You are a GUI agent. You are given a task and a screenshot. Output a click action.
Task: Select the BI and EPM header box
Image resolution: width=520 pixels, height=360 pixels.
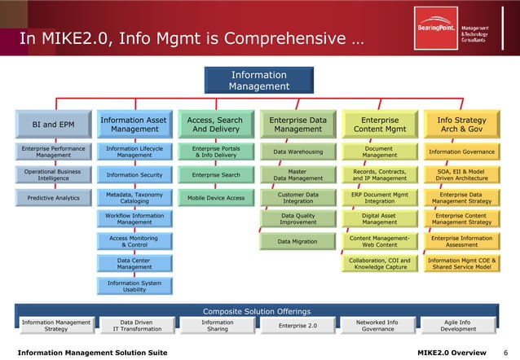pyautogui.click(x=54, y=125)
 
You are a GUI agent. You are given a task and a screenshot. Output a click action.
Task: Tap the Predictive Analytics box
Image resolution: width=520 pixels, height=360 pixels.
pyautogui.click(x=54, y=197)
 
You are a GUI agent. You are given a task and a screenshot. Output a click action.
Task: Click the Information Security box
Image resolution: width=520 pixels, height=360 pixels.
pyautogui.click(x=134, y=174)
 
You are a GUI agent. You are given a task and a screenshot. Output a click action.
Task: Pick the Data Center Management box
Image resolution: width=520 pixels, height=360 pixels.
pyautogui.click(x=134, y=263)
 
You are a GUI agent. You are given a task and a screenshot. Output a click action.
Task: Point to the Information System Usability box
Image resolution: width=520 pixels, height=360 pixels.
pyautogui.click(x=134, y=286)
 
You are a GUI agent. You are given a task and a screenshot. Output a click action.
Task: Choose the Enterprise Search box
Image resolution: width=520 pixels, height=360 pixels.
pyautogui.click(x=216, y=174)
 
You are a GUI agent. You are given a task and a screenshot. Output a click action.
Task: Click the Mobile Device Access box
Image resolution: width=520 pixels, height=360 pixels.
pyautogui.click(x=216, y=197)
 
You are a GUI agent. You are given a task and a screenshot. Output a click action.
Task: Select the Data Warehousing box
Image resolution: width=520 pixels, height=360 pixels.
pyautogui.click(x=297, y=151)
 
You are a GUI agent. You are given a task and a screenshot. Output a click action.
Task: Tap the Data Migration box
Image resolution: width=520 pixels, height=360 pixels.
pyautogui.click(x=297, y=241)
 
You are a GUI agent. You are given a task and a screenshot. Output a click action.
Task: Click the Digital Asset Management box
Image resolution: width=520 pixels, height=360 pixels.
pyautogui.click(x=379, y=218)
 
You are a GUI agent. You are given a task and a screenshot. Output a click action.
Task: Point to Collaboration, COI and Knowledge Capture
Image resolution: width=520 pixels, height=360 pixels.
pyautogui.click(x=379, y=263)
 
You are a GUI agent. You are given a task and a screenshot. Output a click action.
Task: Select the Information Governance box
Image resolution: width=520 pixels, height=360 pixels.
pyautogui.click(x=461, y=151)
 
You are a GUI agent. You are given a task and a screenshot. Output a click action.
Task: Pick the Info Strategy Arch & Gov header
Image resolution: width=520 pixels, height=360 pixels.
pyautogui.click(x=461, y=125)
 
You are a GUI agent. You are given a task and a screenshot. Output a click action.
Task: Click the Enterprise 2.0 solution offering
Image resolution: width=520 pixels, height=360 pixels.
pyautogui.click(x=297, y=325)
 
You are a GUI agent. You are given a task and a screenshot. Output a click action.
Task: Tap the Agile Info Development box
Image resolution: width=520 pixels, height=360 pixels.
pyautogui.click(x=458, y=325)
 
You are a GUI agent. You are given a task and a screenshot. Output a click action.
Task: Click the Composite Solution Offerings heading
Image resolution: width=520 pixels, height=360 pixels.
pyautogui.click(x=257, y=311)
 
